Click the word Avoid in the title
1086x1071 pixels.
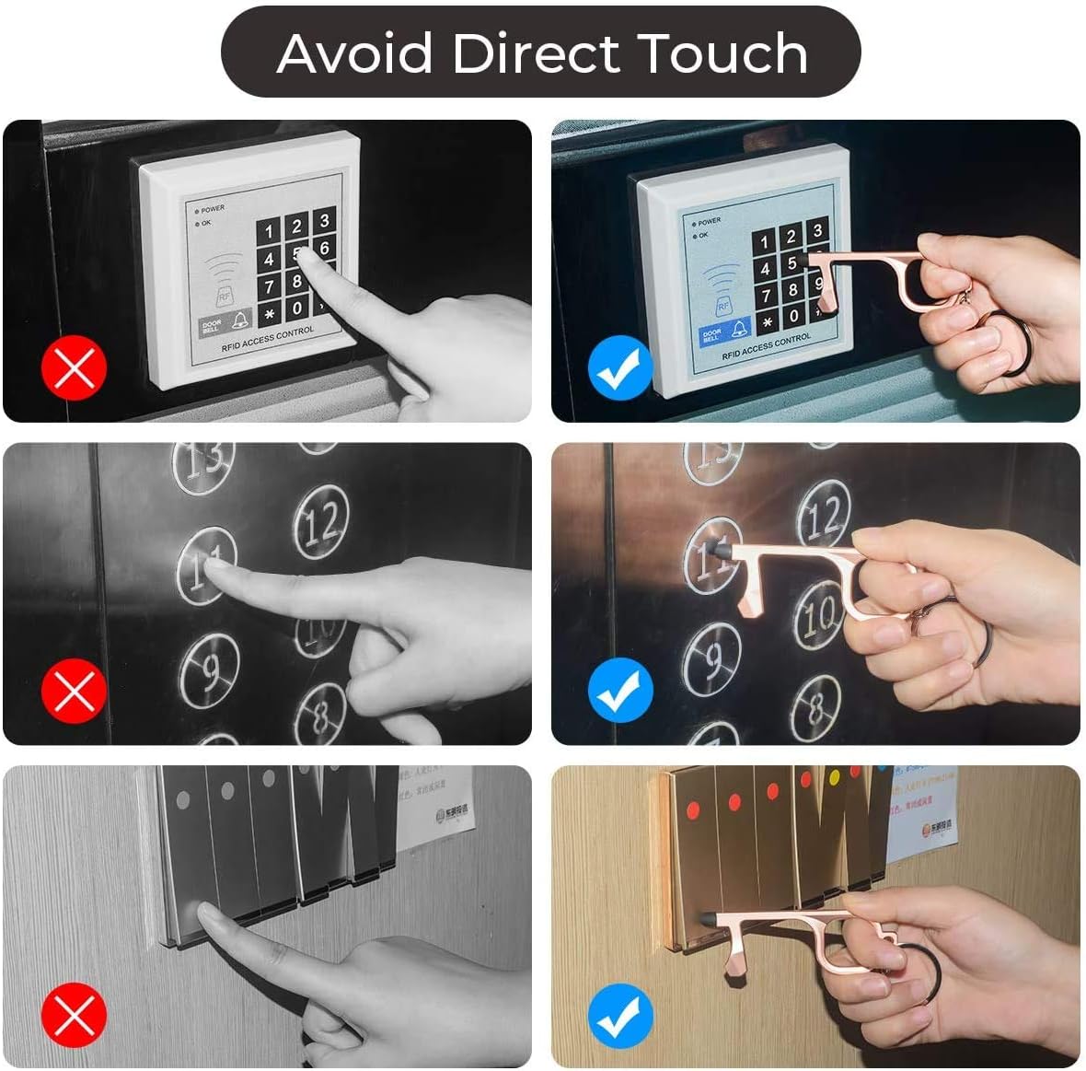354,53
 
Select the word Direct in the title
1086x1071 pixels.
537,53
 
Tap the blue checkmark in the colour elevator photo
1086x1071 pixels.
619,691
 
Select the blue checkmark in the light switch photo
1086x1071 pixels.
619,1013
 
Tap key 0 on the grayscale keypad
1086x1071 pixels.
296,308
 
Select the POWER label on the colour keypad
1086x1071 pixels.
709,222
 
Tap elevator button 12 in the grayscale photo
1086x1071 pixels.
321,522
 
